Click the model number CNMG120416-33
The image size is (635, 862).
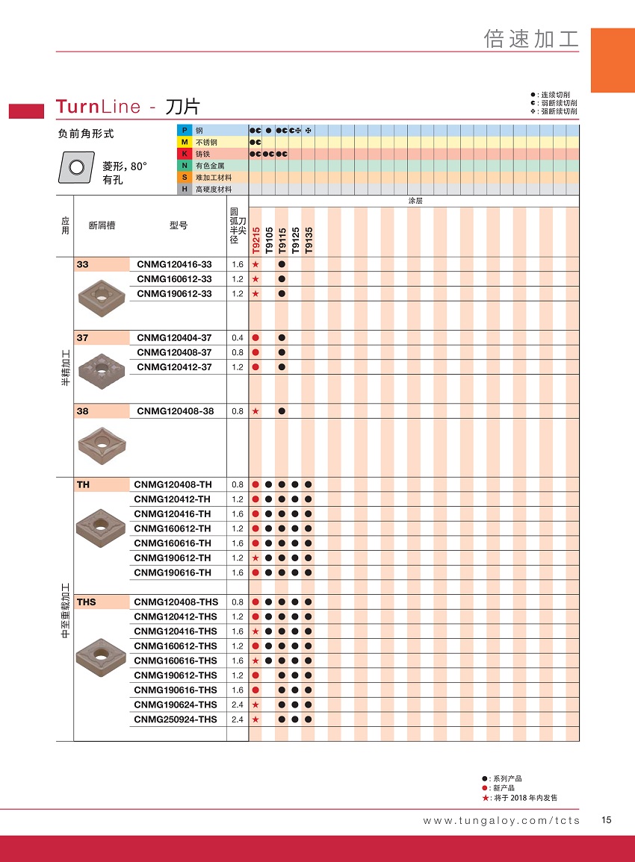174,264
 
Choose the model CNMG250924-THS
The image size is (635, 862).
176,719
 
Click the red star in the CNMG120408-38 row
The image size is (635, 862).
255,411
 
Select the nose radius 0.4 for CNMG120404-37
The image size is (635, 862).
238,338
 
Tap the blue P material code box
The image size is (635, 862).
185,130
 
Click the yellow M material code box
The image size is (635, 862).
185,142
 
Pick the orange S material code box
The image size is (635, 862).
185,178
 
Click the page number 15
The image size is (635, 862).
606,820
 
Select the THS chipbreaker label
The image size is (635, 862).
86,602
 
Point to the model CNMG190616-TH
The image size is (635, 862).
173,572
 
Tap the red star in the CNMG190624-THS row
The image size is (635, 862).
255,705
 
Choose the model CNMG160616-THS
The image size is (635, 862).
176,660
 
